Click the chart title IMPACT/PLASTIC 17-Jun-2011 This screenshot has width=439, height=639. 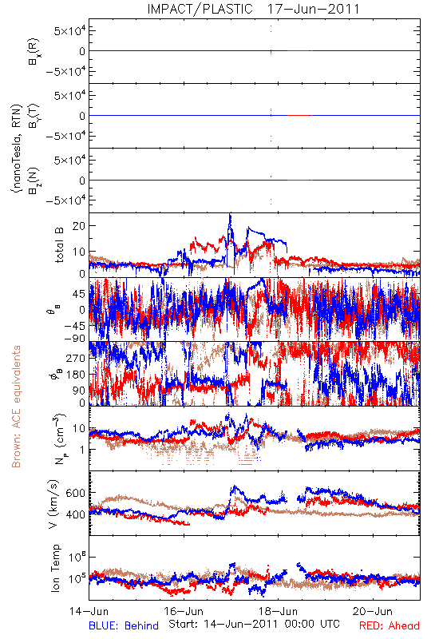pos(253,9)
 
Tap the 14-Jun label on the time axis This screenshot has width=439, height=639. pos(89,611)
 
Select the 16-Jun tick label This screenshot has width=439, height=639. pos(184,611)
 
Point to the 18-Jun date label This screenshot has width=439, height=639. pos(279,611)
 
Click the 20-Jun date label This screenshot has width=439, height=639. pos(373,611)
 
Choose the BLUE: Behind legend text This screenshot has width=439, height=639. pos(124,625)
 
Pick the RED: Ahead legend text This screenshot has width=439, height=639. pos(390,625)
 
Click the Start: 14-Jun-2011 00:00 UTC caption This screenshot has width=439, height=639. pos(254,624)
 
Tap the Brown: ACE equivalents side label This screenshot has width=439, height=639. pos(16,407)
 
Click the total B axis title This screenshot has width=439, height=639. pos(59,245)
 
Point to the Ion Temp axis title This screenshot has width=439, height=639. pos(55,568)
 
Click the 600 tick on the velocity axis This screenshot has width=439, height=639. pos(75,493)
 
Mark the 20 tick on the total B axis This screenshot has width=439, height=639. pos(78,226)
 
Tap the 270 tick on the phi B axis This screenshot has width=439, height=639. pos(76,358)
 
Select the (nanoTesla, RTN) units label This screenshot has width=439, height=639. pos(17,148)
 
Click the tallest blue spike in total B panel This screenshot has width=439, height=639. pos(230,214)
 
